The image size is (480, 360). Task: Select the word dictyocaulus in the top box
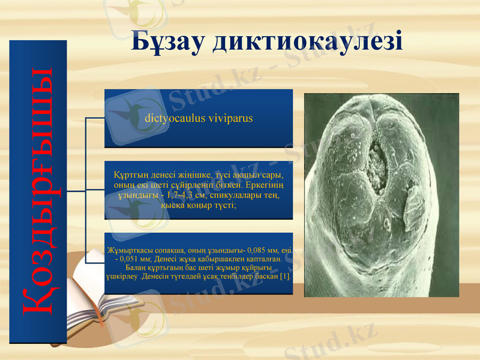click(x=172, y=118)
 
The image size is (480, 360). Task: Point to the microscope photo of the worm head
click(x=382, y=195)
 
